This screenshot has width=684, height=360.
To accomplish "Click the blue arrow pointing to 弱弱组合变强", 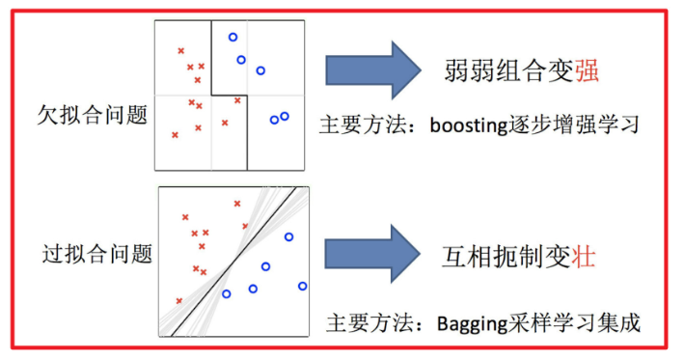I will pos(371,69).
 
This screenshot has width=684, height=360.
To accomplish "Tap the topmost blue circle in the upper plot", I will pos(233,38).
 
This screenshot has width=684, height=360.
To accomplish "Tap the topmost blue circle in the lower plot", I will pos(287,236).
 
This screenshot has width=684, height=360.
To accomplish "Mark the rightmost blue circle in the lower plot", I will pos(302,286).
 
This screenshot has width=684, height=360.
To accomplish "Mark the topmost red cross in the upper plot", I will pos(179,50).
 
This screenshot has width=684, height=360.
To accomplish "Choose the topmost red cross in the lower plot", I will pos(237,204).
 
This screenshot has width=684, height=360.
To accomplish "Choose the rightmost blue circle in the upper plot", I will pos(285,117).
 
